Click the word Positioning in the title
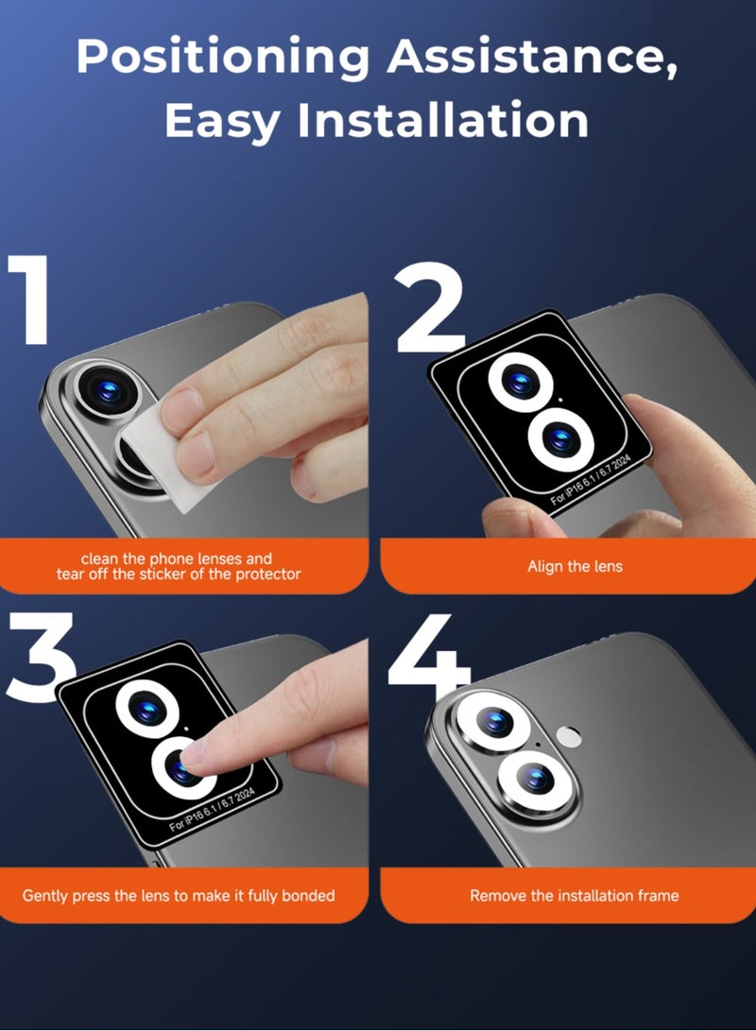coord(223,58)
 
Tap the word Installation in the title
coord(443,120)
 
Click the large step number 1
coord(30,300)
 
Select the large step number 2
coord(431,307)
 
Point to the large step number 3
coord(40,657)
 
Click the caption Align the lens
coord(575,566)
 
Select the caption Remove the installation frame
coord(574,895)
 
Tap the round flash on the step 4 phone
coord(568,736)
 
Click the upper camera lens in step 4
coord(494,721)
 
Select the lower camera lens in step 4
coord(537,780)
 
